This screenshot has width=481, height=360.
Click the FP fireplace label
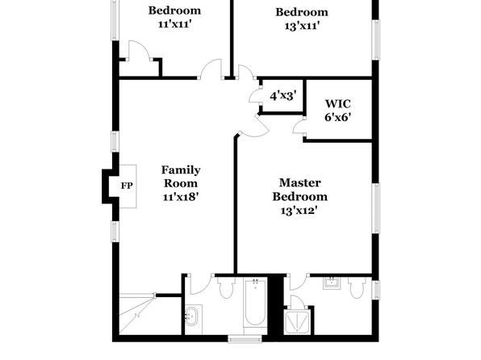[x=127, y=186]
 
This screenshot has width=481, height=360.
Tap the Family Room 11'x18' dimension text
[x=181, y=197]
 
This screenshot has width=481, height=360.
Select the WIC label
[x=337, y=104]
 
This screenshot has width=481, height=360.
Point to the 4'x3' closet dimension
[x=283, y=96]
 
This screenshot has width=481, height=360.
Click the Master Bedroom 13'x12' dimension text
[x=299, y=211]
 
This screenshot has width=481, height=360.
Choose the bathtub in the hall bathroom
[x=255, y=302]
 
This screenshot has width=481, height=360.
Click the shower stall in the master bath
[x=298, y=321]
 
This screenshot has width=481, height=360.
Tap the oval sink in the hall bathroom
[x=193, y=316]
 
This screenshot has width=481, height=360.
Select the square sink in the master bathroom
[x=332, y=283]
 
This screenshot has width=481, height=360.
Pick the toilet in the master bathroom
[x=357, y=287]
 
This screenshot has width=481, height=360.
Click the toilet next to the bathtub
[x=226, y=287]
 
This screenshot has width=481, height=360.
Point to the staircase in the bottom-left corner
[x=137, y=314]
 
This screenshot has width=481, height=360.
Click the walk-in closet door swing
[x=299, y=127]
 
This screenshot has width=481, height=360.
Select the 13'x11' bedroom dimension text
[x=302, y=27]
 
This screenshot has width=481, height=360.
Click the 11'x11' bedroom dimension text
[x=175, y=24]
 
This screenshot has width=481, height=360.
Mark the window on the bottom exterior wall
[x=245, y=338]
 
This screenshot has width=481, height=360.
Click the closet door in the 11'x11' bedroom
[x=139, y=50]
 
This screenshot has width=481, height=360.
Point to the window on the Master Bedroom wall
[x=375, y=208]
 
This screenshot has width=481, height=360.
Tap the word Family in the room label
[x=181, y=170]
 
